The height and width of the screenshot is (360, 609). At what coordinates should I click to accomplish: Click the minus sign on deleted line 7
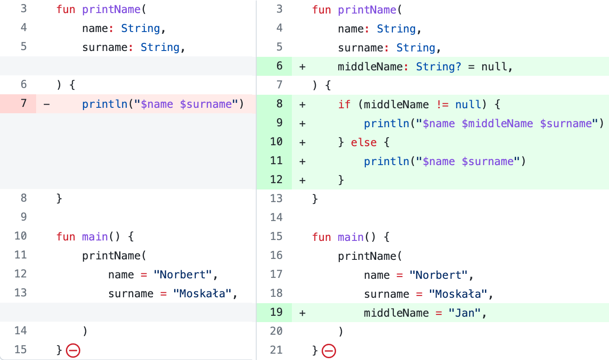pos(46,104)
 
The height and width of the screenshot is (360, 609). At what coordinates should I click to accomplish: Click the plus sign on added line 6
pos(302,67)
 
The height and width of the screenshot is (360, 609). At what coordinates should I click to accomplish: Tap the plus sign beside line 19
pos(302,312)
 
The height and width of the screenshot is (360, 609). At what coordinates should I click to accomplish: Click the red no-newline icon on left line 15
pos(73,350)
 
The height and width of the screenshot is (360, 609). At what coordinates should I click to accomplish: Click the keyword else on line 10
pos(364,143)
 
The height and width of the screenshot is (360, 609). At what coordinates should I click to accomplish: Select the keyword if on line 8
pos(344,105)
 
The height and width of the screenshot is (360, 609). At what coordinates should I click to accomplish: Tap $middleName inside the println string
pos(497,124)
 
